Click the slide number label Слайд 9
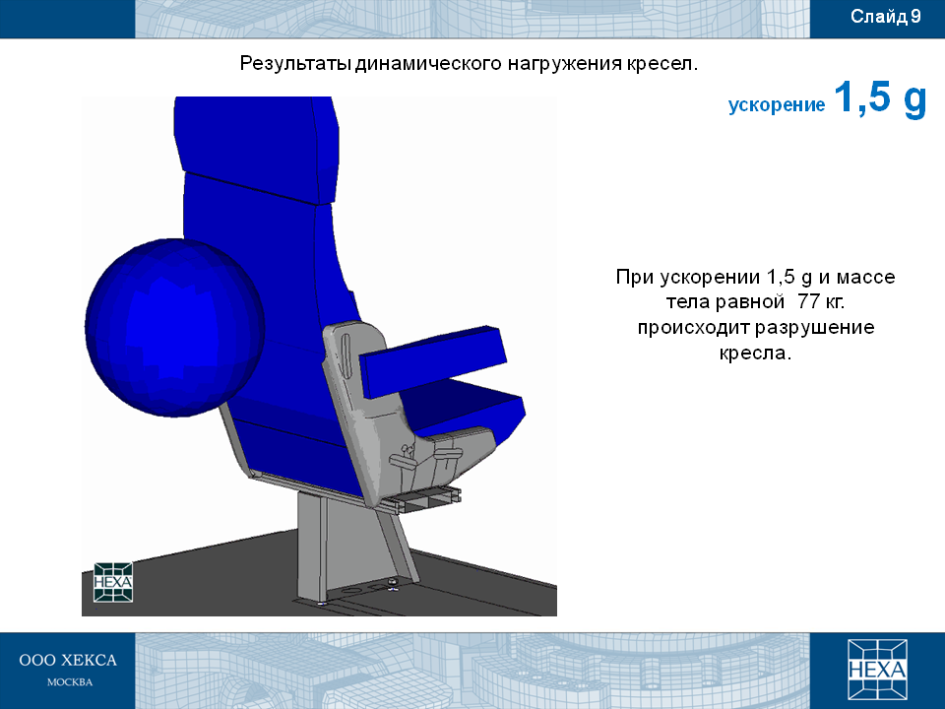pos(885,17)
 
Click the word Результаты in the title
pos(294,63)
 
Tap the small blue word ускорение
pos(777,105)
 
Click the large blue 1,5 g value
pos(880,98)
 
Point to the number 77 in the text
pos(808,301)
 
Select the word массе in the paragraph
pos(865,277)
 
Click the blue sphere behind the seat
pos(175,327)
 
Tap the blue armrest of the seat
pos(434,360)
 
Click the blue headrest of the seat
pos(256,148)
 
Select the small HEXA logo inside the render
pos(113,582)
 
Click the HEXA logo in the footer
pos(877,670)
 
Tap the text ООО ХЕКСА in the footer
pos(68,660)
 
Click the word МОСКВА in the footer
pos(70,682)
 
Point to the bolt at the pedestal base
pos(393,583)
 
